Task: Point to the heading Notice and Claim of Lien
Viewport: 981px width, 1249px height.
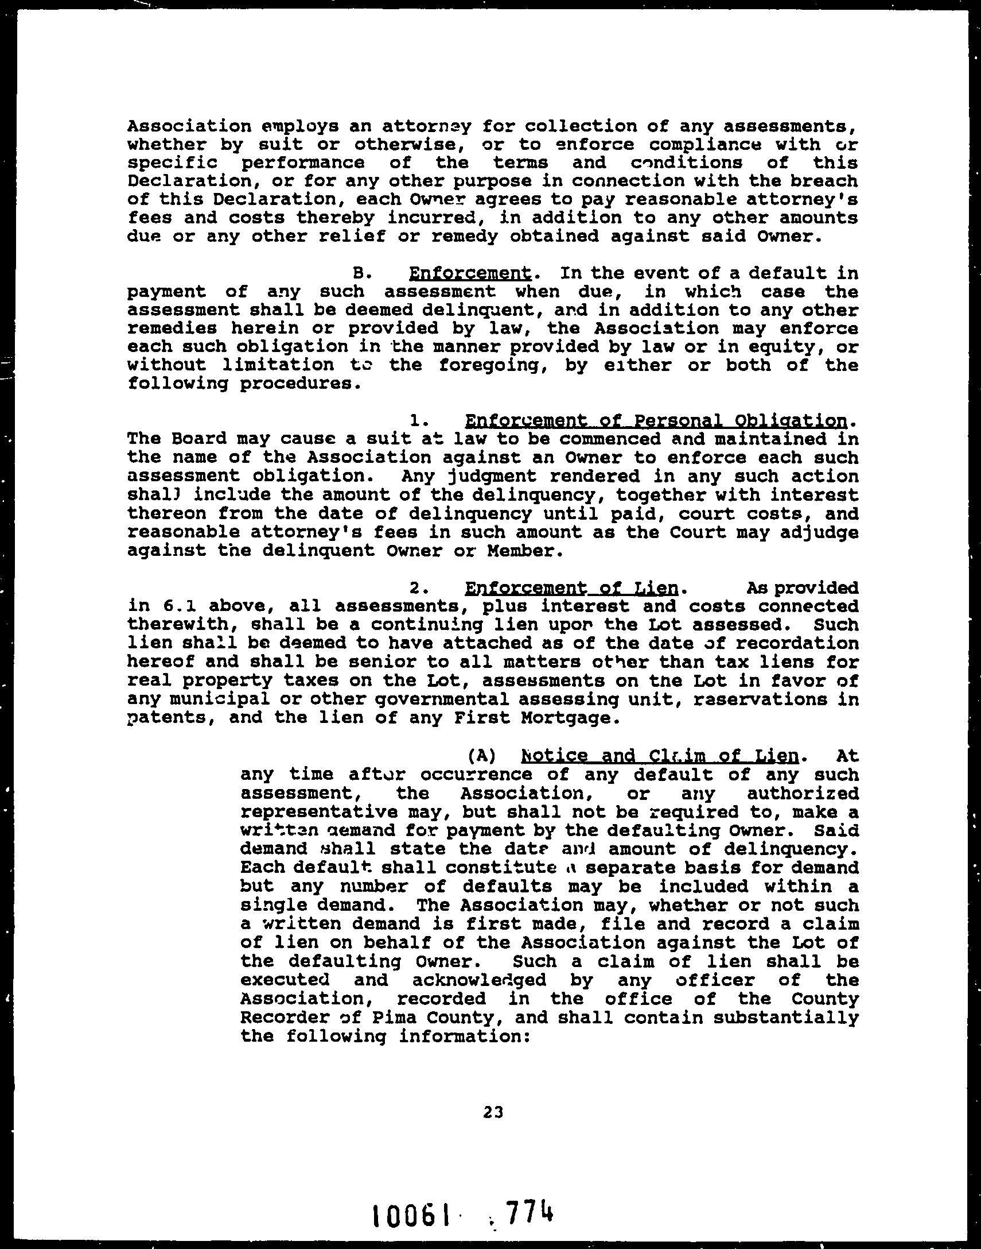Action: [x=659, y=755]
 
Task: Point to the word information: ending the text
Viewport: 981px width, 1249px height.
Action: [x=464, y=1037]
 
